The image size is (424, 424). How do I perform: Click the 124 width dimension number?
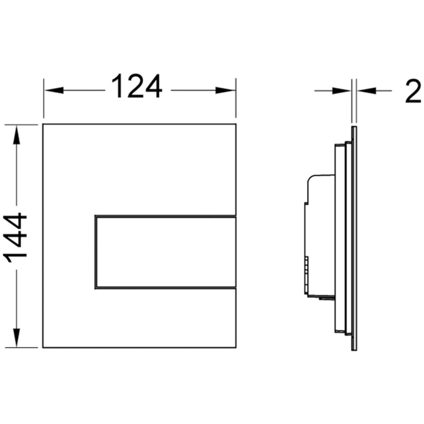coord(137,86)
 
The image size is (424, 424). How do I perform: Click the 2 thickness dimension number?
coord(414,91)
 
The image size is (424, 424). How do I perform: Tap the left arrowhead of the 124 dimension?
coord(54,90)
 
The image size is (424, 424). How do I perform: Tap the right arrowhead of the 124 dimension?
coord(225,90)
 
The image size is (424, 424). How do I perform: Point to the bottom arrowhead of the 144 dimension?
coord(16,337)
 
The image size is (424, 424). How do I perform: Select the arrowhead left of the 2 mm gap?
coord(342,91)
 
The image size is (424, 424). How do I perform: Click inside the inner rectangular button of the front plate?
coord(166,252)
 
